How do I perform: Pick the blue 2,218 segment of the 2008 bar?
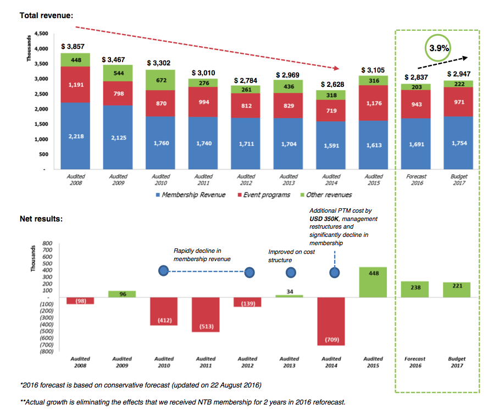pos(76,136)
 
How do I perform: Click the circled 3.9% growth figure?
pos(439,48)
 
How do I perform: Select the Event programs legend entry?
pos(264,195)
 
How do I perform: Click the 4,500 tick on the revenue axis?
pos(41,34)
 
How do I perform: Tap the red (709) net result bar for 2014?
pos(332,321)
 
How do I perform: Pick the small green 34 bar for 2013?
pos(289,296)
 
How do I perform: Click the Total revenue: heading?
pos(46,15)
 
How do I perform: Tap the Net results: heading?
pos(41,218)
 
